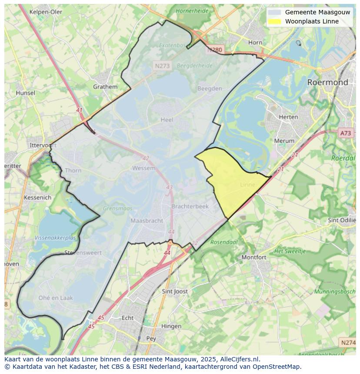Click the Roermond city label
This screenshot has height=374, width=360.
pyautogui.click(x=327, y=82)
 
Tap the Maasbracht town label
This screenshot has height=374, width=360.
pyautogui.click(x=147, y=221)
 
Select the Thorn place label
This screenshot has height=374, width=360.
pyautogui.click(x=73, y=170)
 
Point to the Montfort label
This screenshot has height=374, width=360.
pyautogui.click(x=254, y=257)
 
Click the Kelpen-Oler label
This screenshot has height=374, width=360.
pyautogui.click(x=46, y=12)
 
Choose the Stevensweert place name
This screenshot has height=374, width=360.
pyautogui.click(x=83, y=252)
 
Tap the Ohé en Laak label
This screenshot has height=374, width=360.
pyautogui.click(x=56, y=298)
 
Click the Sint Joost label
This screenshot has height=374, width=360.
pyautogui.click(x=175, y=291)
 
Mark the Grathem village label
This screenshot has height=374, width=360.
pyautogui.click(x=105, y=86)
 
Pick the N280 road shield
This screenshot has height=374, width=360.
pyautogui.click(x=214, y=50)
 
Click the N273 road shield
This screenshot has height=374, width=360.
pyautogui.click(x=162, y=66)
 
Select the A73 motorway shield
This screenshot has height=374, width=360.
pyautogui.click(x=346, y=133)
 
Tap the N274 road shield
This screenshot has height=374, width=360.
pyautogui.click(x=348, y=343)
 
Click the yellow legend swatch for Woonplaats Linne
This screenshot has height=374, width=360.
pyautogui.click(x=274, y=22)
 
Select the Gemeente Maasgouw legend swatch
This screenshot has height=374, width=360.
pyautogui.click(x=274, y=13)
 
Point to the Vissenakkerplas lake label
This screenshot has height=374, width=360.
pyautogui.click(x=55, y=238)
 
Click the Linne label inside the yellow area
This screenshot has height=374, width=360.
pyautogui.click(x=247, y=185)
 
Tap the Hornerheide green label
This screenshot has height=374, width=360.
pyautogui.click(x=193, y=11)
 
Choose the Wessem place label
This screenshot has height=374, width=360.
pyautogui.click(x=143, y=168)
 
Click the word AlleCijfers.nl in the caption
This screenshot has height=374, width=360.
pyautogui.click(x=240, y=359)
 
